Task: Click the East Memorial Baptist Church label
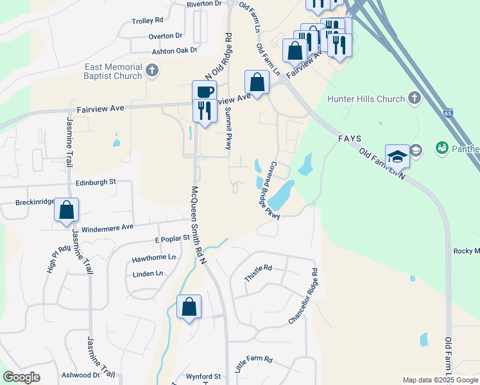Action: click(x=112, y=71)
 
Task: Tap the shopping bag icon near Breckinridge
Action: click(x=66, y=209)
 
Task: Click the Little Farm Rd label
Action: click(x=254, y=364)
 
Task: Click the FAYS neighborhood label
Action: click(x=350, y=139)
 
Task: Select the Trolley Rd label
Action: click(x=148, y=21)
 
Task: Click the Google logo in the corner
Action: click(x=22, y=377)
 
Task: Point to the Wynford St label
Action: click(x=203, y=376)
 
